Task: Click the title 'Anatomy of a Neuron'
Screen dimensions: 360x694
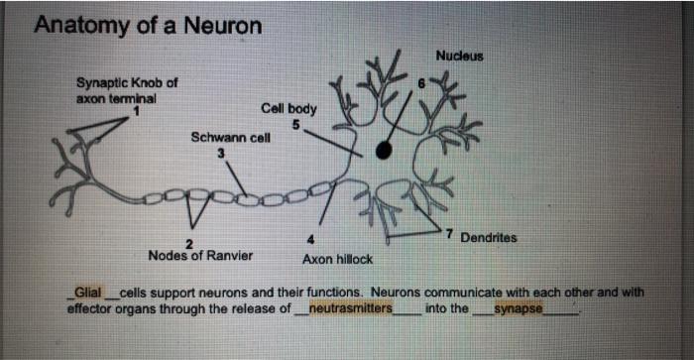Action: click(x=148, y=25)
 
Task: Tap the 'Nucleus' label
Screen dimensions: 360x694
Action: click(x=459, y=57)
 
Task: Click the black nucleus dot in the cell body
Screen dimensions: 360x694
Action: click(x=384, y=150)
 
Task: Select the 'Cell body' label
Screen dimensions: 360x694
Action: click(x=289, y=108)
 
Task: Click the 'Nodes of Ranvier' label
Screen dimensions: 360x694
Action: click(x=200, y=255)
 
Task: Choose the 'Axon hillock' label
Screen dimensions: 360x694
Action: click(x=338, y=259)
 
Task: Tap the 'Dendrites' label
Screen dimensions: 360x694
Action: click(x=489, y=238)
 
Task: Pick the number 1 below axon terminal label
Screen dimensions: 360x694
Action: click(x=136, y=110)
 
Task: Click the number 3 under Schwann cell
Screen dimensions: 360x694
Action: click(x=221, y=152)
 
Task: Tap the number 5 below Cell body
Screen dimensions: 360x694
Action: click(x=294, y=123)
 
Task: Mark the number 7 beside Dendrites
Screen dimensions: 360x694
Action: click(x=449, y=235)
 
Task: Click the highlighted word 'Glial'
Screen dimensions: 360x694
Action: click(x=86, y=294)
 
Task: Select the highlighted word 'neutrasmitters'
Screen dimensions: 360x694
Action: click(x=350, y=308)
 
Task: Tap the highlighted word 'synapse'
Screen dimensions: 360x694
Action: click(x=518, y=308)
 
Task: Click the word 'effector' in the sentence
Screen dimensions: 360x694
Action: click(x=89, y=308)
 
